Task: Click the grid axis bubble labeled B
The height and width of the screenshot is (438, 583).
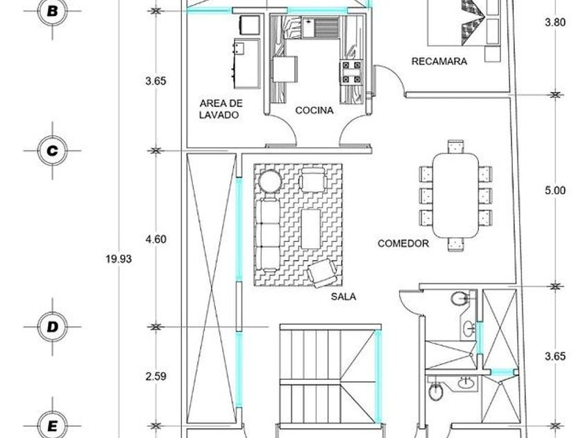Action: click(53, 11)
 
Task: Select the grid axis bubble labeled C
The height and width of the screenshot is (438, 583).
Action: click(53, 151)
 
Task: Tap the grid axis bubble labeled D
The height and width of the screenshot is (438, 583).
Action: click(53, 327)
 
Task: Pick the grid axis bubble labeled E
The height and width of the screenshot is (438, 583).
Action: click(53, 425)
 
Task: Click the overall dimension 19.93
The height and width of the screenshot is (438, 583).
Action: click(119, 259)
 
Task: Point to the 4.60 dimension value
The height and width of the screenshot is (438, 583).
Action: click(155, 239)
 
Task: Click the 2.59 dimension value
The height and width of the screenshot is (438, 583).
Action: click(155, 376)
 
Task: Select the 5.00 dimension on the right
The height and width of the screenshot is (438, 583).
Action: click(555, 190)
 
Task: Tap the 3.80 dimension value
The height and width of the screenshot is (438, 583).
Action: click(555, 22)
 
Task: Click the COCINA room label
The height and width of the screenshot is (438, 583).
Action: click(314, 111)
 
